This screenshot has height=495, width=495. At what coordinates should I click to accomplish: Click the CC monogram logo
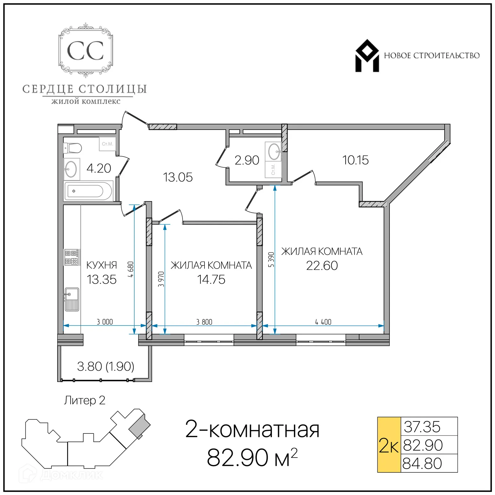coord(85,50)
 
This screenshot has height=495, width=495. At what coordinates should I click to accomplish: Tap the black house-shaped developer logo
coord(367,56)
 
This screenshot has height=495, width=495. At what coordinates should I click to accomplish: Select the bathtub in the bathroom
coord(88,191)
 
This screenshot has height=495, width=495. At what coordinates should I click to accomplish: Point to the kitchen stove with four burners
coord(71,257)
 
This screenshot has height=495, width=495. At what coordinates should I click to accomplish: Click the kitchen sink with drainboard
coord(72,299)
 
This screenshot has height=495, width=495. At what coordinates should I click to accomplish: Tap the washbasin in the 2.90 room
coord(273,152)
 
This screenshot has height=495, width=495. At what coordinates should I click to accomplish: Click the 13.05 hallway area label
coord(178,178)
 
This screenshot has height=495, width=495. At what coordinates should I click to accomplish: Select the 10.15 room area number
coord(355,160)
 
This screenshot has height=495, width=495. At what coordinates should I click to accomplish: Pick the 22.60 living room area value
coord(322,266)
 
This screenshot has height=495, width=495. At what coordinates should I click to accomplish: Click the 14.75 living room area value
coord(211,280)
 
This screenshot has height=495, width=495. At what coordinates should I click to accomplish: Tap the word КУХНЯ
coord(101,265)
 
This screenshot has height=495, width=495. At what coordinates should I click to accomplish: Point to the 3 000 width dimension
coord(105,322)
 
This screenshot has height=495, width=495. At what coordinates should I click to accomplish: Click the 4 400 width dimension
coord(323,322)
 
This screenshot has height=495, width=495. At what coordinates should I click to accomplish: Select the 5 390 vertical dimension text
coord(271,260)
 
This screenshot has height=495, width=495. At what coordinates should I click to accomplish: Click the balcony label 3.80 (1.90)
coord(105,367)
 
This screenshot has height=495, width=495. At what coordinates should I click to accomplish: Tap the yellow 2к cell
coord(389,446)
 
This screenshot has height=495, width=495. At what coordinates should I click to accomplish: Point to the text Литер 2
coord(84,401)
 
